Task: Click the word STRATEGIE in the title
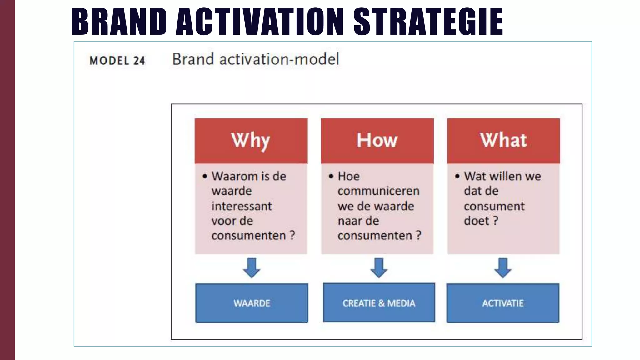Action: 428,22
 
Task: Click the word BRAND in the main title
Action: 119,22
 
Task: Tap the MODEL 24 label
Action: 117,60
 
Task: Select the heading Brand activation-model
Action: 255,59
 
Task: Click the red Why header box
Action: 251,141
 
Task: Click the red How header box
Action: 377,141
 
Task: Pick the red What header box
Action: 503,141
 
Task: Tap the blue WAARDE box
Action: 252,303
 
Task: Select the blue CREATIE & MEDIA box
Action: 379,303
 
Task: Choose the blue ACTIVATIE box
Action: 503,303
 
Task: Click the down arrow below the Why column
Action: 252,268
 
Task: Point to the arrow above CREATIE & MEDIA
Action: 379,268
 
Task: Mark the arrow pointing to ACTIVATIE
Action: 503,268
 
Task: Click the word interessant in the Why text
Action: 242,206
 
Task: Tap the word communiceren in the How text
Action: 378,191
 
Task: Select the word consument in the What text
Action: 494,206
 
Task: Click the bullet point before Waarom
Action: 205,176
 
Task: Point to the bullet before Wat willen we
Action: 457,176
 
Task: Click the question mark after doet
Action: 495,221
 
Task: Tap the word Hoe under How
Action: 349,176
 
